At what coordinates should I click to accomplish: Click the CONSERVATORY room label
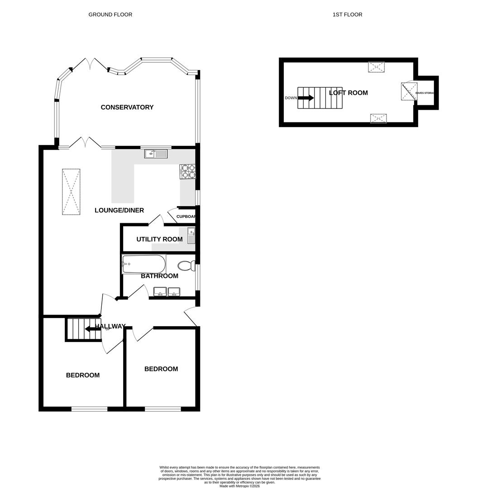tap(127, 107)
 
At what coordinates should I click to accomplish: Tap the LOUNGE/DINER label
tap(119, 210)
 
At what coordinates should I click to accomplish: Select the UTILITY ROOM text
tap(159, 239)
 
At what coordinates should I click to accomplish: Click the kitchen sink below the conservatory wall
tap(156, 154)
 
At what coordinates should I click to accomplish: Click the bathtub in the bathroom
tap(143, 264)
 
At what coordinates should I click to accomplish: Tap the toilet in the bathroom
tap(185, 265)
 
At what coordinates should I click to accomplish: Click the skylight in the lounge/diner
tap(71, 192)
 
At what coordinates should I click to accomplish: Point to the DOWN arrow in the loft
tap(305, 98)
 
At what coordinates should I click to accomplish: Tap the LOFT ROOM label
tap(348, 93)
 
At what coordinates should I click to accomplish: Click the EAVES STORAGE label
tap(425, 93)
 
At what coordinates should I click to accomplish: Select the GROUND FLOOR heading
tap(110, 14)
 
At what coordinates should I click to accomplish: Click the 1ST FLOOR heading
tap(347, 14)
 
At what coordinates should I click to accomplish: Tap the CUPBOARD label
tap(186, 216)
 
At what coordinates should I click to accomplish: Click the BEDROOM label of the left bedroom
tap(83, 375)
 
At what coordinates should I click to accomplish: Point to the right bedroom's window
tap(162, 409)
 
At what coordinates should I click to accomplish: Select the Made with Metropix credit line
tap(239, 486)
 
